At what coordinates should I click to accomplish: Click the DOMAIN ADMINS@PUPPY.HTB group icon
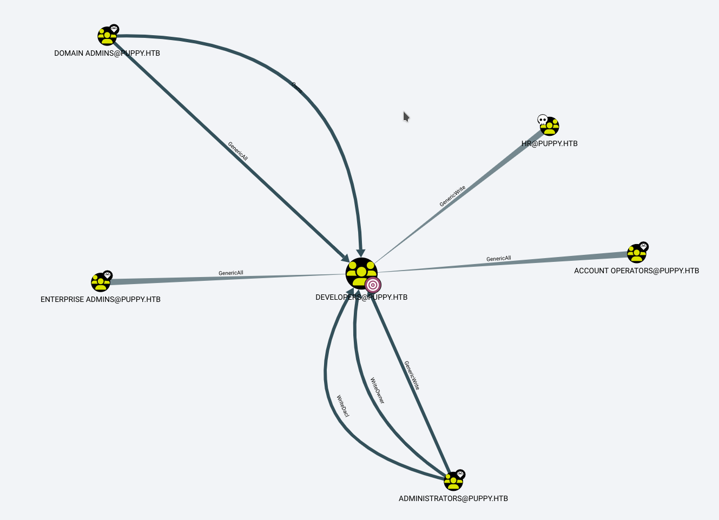pyautogui.click(x=107, y=36)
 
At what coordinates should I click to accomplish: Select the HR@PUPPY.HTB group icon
pyautogui.click(x=550, y=127)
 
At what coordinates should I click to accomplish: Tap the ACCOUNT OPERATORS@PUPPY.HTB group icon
pyautogui.click(x=636, y=254)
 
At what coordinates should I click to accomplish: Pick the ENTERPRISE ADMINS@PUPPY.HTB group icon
pyautogui.click(x=101, y=282)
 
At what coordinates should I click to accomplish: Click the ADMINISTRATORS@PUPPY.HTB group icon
pyautogui.click(x=453, y=481)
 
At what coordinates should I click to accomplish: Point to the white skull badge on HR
pyautogui.click(x=543, y=120)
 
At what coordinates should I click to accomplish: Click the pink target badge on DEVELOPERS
pyautogui.click(x=373, y=285)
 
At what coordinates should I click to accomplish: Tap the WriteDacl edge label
pyautogui.click(x=343, y=406)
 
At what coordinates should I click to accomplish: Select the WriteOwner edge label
pyautogui.click(x=377, y=391)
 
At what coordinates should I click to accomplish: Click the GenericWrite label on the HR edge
pyautogui.click(x=452, y=196)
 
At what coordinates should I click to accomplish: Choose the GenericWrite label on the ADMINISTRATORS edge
pyautogui.click(x=412, y=376)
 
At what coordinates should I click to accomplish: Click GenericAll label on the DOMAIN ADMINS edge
pyautogui.click(x=238, y=152)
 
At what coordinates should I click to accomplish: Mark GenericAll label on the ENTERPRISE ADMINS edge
pyautogui.click(x=231, y=273)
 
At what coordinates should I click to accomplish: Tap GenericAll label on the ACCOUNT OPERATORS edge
pyautogui.click(x=498, y=259)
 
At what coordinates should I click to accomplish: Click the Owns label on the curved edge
pyautogui.click(x=297, y=88)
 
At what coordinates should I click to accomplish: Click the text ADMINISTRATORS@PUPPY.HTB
pyautogui.click(x=453, y=498)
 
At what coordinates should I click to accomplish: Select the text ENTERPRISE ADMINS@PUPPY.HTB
pyautogui.click(x=101, y=299)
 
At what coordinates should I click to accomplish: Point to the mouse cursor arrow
pyautogui.click(x=406, y=116)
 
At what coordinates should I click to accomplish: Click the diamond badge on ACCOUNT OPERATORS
pyautogui.click(x=643, y=246)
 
